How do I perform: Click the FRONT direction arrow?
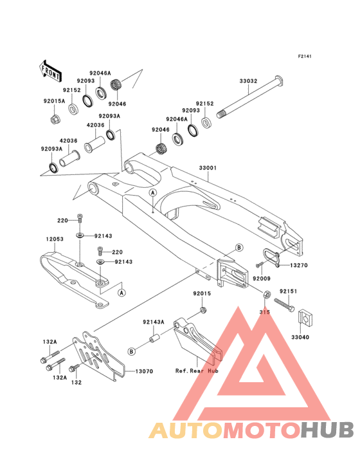[50, 71]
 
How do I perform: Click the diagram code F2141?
[305, 56]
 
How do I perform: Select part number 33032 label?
[248, 81]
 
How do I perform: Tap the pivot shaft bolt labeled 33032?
[250, 98]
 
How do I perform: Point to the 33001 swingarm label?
[208, 168]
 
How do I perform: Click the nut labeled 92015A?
[55, 119]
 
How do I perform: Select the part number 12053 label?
[55, 239]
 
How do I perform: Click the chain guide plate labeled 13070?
[99, 356]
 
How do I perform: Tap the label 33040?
[300, 337]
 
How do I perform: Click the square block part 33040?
[306, 317]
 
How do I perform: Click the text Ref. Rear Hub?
[197, 371]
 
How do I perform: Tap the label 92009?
[262, 279]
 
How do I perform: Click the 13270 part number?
[298, 265]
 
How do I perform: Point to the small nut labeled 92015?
[204, 309]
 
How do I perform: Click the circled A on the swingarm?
[153, 192]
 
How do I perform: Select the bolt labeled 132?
[73, 368]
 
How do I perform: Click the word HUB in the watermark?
[328, 430]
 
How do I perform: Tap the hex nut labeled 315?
[267, 295]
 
